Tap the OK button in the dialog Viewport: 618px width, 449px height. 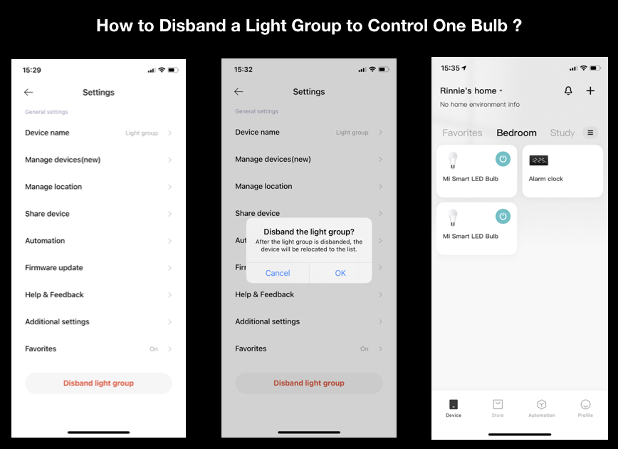pos(340,273)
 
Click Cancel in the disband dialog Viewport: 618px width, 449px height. pos(278,273)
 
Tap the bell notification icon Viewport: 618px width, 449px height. pos(568,91)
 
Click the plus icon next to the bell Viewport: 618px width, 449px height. pos(590,91)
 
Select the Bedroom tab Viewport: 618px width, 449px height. pos(516,133)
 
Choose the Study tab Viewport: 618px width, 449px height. pos(562,133)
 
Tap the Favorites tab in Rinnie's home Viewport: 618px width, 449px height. pos(462,133)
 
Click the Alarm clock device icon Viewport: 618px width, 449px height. pos(539,160)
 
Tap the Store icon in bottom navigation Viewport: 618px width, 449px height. pos(498,404)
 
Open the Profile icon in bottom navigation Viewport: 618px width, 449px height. pos(585,404)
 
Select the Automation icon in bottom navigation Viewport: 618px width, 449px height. pos(542,404)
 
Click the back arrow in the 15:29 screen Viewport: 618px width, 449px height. pos(28,93)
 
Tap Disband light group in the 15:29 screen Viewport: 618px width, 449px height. pos(98,383)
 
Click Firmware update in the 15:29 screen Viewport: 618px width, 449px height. pos(54,267)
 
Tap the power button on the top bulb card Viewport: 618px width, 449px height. pos(503,159)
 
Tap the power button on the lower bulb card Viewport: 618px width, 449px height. pos(503,216)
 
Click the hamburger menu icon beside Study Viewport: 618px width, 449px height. pos(590,133)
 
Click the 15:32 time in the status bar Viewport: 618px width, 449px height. pos(243,69)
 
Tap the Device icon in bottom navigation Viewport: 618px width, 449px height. pos(454,404)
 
